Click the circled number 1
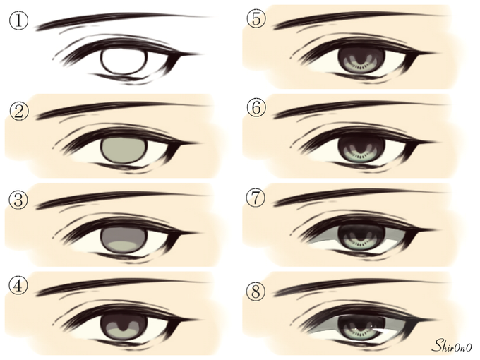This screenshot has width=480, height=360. (x=18, y=20)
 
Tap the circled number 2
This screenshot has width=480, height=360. (x=18, y=111)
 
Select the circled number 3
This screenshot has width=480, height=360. (x=18, y=200)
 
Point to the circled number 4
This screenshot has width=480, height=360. (x=18, y=287)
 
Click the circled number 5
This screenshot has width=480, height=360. (x=256, y=18)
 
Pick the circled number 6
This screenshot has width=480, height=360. (x=256, y=108)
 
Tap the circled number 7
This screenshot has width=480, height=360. (x=256, y=198)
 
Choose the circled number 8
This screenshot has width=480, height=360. (x=256, y=291)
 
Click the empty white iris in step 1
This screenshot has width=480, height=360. (x=124, y=61)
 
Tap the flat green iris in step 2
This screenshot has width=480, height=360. (x=124, y=150)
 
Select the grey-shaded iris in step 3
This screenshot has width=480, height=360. (x=124, y=240)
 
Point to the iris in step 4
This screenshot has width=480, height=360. (x=124, y=328)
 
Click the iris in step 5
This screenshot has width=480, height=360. (x=361, y=61)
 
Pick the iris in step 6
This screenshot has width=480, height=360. (x=361, y=150)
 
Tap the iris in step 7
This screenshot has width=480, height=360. (x=361, y=238)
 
